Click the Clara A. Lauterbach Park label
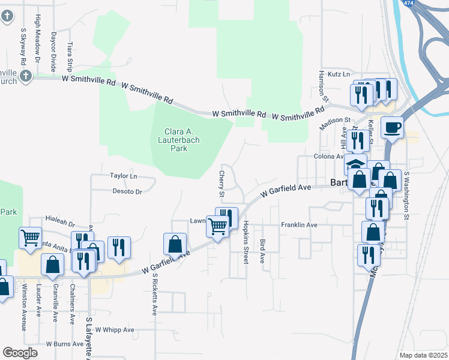tap(182, 140)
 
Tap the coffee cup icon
tap(392, 127)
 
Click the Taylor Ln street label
tap(124, 176)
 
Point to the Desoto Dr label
tap(127, 192)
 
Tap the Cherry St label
tap(221, 184)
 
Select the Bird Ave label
tap(262, 251)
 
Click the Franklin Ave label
tap(299, 225)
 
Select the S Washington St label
tap(406, 194)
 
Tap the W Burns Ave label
tap(65, 344)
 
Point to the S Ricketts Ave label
tap(154, 295)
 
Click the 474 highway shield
tap(408, 4)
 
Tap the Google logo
tap(20, 353)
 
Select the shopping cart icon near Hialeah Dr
tap(30, 238)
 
